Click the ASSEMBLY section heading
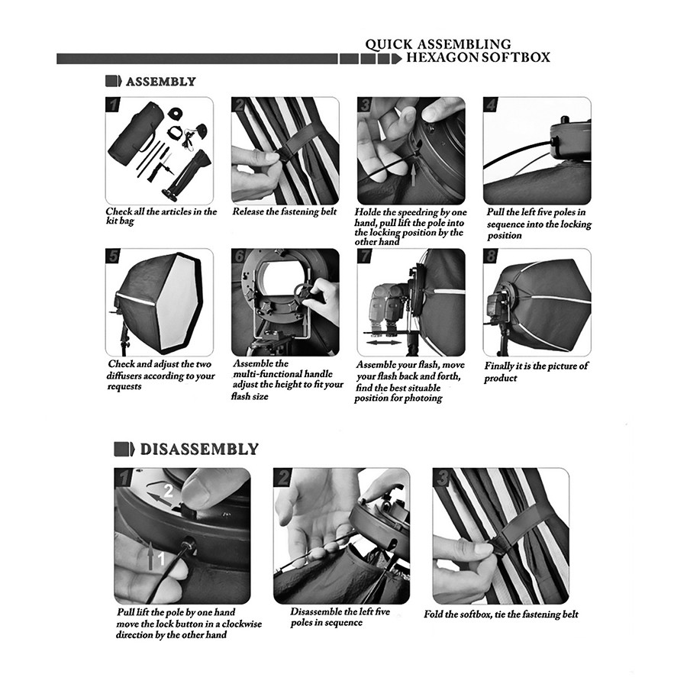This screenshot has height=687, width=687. click(161, 82)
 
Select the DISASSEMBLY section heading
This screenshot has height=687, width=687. click(199, 450)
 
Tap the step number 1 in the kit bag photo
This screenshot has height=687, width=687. click(114, 105)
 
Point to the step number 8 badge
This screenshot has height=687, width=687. click(491, 256)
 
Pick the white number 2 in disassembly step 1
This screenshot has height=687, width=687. click(168, 491)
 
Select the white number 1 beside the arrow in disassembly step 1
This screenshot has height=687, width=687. click(161, 559)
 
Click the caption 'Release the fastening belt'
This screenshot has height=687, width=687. click(285, 211)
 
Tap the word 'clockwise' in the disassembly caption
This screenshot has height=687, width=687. click(242, 624)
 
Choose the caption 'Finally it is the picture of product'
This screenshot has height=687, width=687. click(537, 372)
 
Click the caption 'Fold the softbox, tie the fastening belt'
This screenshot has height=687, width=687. click(501, 614)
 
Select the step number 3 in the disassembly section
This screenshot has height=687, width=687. click(442, 477)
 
